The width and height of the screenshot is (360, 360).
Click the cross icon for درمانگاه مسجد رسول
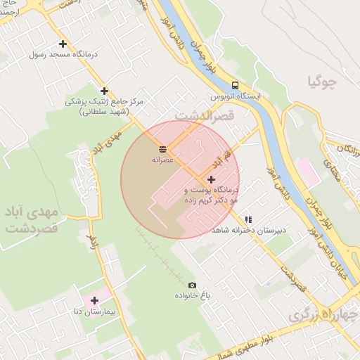(63, 44)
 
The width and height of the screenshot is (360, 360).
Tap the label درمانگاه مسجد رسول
(63, 54)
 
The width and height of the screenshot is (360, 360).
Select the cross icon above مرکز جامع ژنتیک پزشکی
(105, 91)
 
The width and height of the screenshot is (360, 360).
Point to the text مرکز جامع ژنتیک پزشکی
(105, 101)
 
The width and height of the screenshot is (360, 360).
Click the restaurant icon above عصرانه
(163, 148)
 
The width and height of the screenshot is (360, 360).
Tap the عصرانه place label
(163, 160)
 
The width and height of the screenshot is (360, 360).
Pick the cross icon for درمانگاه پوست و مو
(211, 179)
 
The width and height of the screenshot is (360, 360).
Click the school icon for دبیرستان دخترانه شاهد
(248, 219)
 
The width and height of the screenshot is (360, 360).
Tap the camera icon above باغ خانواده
(193, 285)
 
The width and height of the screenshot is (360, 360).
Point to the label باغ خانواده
(193, 295)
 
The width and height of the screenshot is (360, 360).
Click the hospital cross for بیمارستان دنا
(94, 300)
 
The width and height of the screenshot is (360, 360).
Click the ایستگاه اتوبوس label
(236, 96)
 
